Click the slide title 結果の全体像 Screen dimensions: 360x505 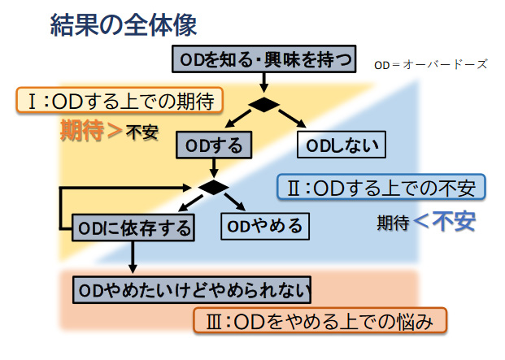tap(121, 24)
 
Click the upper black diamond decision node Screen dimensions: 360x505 tap(264, 104)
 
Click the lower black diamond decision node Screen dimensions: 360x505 tap(214, 187)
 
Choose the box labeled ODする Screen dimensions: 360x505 tap(214, 146)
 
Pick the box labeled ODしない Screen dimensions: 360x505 tap(342, 146)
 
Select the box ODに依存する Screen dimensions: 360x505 tap(133, 228)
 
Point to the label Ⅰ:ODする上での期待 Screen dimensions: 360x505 tap(120, 102)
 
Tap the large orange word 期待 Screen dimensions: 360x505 tap(82, 130)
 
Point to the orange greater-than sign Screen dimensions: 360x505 tap(115, 131)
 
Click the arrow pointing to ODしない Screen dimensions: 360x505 tap(295, 119)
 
